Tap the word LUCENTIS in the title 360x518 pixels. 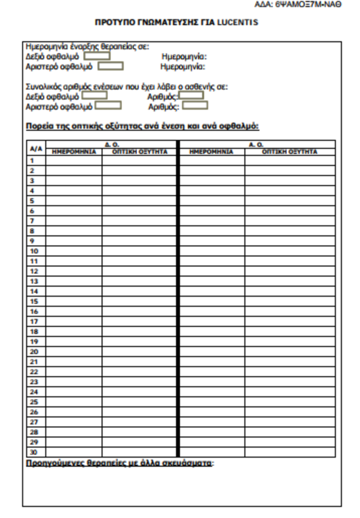(x=237, y=22)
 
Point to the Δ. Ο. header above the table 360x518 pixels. (x=111, y=144)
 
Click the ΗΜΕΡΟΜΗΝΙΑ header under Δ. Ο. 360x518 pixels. (x=74, y=152)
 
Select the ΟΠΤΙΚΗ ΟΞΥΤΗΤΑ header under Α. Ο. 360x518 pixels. (x=290, y=152)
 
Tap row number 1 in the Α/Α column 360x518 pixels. (x=32, y=161)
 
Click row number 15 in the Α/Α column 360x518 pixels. (x=34, y=301)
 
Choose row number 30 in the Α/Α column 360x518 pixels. (x=34, y=452)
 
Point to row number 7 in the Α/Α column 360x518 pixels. (x=32, y=221)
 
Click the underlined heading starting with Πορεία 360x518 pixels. (x=142, y=126)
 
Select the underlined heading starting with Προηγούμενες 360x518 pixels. (x=119, y=464)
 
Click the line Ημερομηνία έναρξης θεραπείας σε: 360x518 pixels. (x=87, y=47)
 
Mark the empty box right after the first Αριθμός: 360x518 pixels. (x=192, y=95)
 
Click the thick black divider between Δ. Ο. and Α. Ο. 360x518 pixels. (x=177, y=298)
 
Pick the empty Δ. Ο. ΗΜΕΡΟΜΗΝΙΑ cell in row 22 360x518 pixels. (x=74, y=372)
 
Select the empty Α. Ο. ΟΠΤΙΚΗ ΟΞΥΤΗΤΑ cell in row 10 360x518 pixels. (x=290, y=251)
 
